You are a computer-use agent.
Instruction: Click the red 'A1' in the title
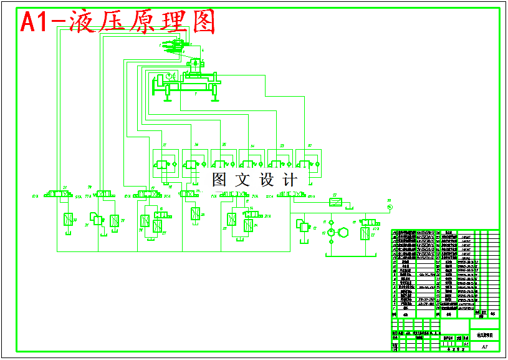point(36,22)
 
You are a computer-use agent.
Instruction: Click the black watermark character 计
point(290,180)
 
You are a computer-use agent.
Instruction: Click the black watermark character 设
point(267,180)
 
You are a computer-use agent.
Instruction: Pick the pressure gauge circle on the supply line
point(390,207)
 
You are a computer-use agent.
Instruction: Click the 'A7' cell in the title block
point(484,345)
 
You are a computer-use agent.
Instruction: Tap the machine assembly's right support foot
point(214,95)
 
